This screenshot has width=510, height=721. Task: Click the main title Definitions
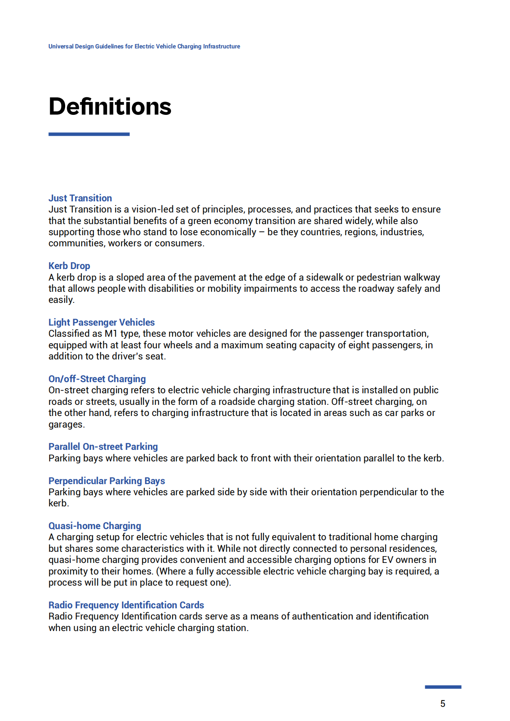pos(110,106)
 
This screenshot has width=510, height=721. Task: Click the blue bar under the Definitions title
pos(89,134)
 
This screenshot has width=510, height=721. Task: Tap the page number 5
pos(443,703)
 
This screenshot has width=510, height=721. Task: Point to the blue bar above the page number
pos(443,687)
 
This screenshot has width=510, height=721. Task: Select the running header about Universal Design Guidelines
pos(144,46)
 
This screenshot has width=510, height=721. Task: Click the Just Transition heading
pos(80,198)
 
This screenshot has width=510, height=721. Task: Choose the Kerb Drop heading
pos(69,266)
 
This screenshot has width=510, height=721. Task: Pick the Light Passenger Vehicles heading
pos(102,322)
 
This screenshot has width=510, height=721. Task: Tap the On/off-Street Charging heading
pos(97,379)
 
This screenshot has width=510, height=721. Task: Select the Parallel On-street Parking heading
pos(103,446)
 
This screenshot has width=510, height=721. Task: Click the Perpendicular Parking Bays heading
pos(107,481)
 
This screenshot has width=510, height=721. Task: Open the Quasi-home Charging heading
pos(95,526)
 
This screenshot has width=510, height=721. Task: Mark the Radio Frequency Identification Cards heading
pos(126,605)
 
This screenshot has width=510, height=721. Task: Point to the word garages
pos(66,425)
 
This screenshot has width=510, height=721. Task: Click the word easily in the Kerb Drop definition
pos(61,300)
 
